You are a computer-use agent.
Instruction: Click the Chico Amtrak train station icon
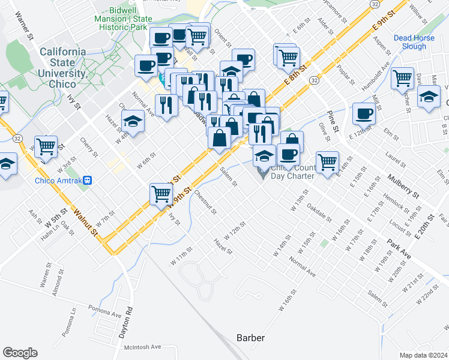88,180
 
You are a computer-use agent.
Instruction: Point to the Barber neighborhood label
250,338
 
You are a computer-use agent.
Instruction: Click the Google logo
20,353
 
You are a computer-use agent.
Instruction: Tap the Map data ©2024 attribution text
423,355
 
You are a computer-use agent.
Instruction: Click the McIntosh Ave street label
139,347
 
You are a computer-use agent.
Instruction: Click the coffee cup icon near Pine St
364,113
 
